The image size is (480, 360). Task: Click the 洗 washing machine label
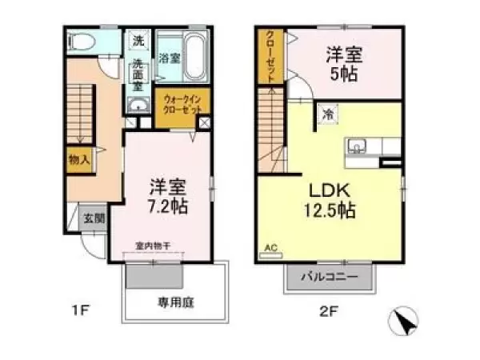pos(138,41)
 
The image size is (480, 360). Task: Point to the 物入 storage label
pos(79,158)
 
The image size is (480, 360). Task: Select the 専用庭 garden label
pos(177,303)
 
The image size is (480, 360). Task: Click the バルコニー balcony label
pos(330,277)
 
